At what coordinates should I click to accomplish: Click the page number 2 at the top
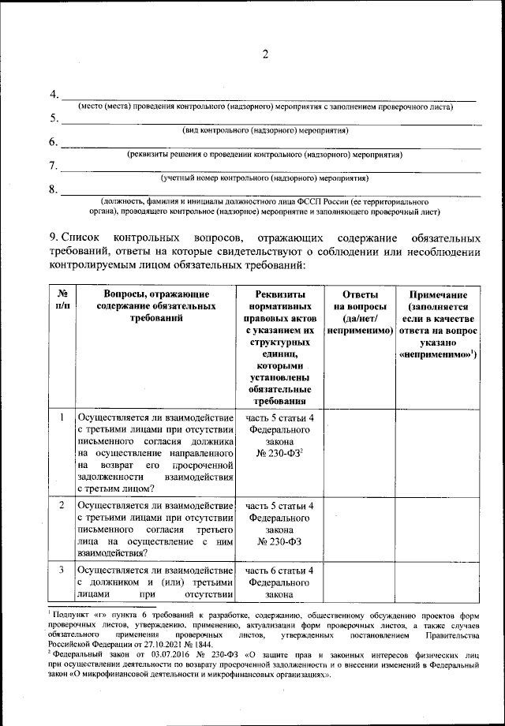[265, 54]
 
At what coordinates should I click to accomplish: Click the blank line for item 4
[268, 99]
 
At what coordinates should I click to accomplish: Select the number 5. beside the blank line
[53, 118]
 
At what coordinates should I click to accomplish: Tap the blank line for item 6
[268, 147]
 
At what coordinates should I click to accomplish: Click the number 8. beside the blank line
[53, 189]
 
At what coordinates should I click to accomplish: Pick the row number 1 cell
[61, 417]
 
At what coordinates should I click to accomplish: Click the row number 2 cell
[61, 504]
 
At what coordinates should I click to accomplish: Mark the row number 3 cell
[61, 569]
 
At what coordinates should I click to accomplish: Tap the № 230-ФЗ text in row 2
[280, 543]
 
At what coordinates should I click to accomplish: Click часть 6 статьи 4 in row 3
[280, 571]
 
